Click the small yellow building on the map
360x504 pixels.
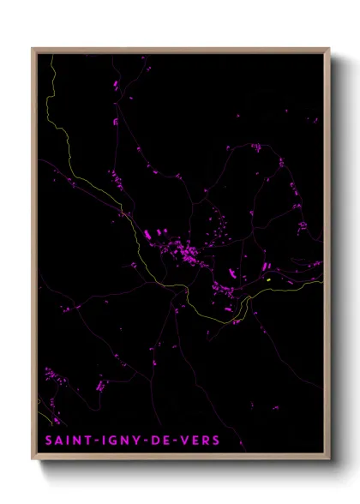[x=268, y=279]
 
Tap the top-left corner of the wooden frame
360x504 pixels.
[x=33, y=48]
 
